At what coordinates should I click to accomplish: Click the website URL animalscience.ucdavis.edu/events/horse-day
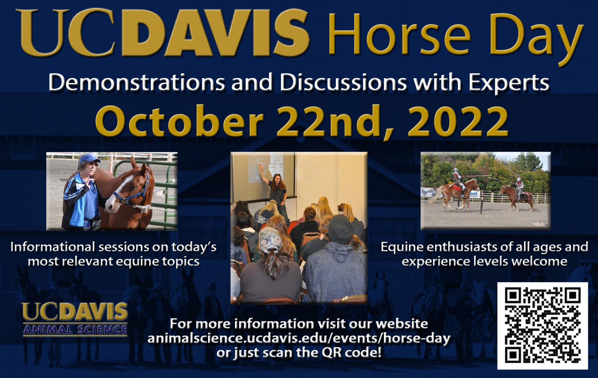pos(299,339)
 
